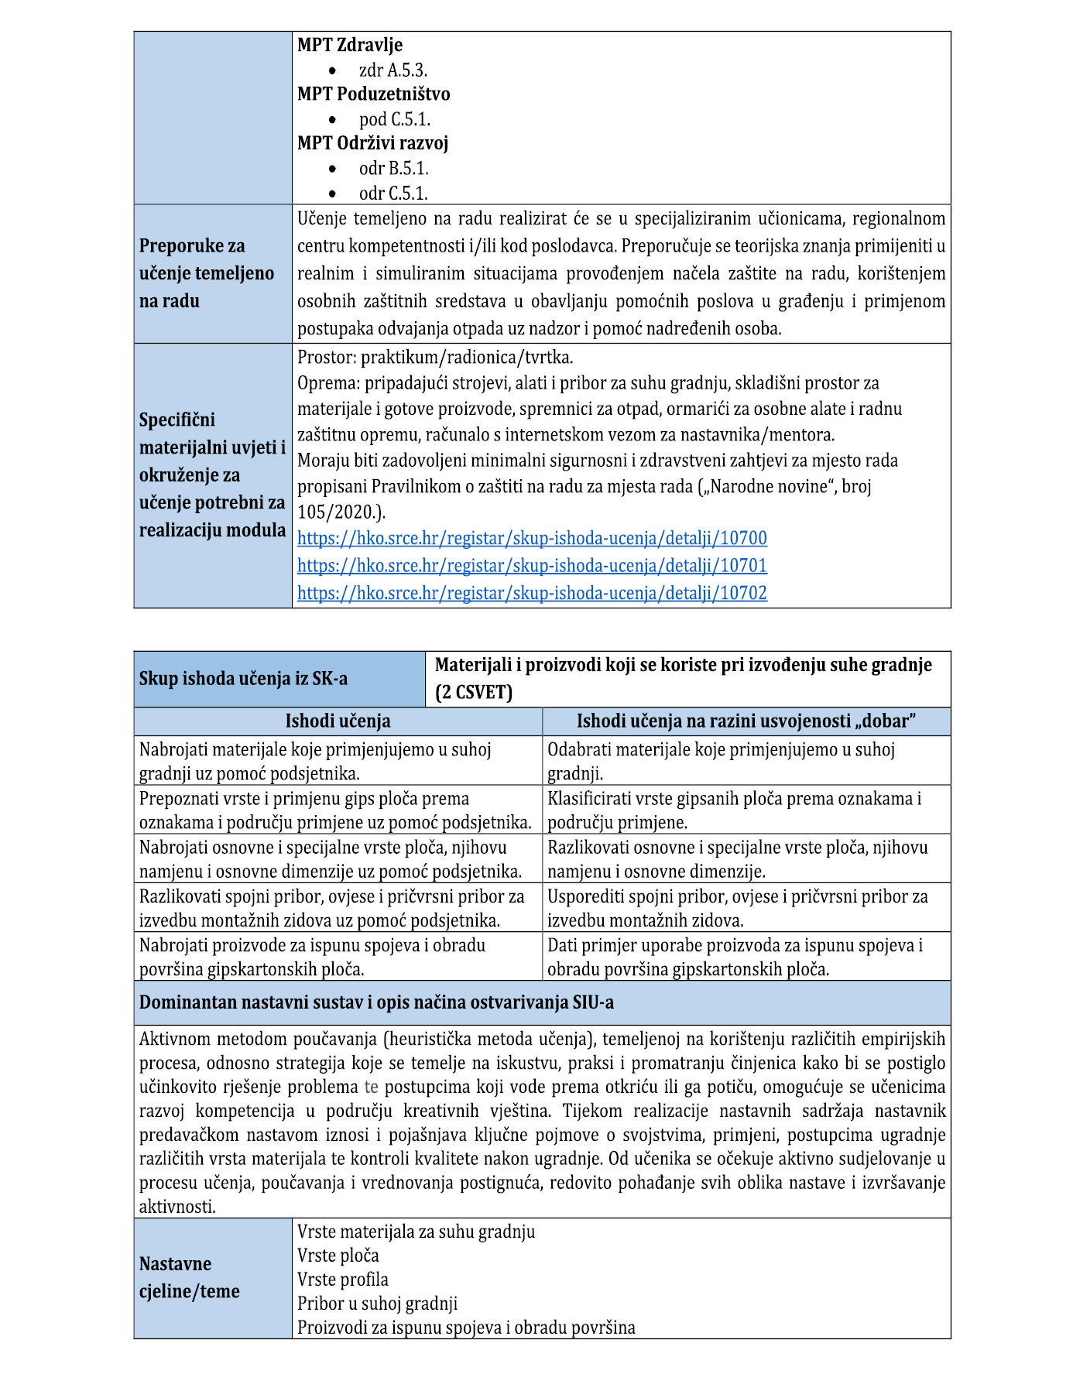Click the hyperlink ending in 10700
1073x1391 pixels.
point(532,538)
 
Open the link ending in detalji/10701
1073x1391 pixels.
point(532,566)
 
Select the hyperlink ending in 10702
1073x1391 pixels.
point(532,594)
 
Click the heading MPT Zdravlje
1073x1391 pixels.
point(350,45)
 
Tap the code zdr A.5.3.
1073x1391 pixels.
point(393,70)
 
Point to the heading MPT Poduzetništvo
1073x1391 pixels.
point(373,94)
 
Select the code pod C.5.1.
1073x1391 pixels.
point(395,119)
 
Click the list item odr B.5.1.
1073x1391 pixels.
point(393,169)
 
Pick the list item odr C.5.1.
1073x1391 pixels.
point(393,194)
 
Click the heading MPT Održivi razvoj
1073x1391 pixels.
point(372,143)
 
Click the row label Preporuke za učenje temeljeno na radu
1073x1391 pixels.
point(206,273)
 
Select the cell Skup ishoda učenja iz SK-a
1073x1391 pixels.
point(243,679)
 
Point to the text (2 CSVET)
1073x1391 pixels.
point(474,692)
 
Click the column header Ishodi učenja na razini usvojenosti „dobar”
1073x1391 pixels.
point(746,721)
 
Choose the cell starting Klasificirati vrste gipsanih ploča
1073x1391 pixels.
point(734,810)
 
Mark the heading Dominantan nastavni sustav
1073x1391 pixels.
point(376,1002)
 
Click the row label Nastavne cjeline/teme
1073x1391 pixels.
point(190,1277)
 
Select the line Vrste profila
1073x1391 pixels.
point(343,1280)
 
